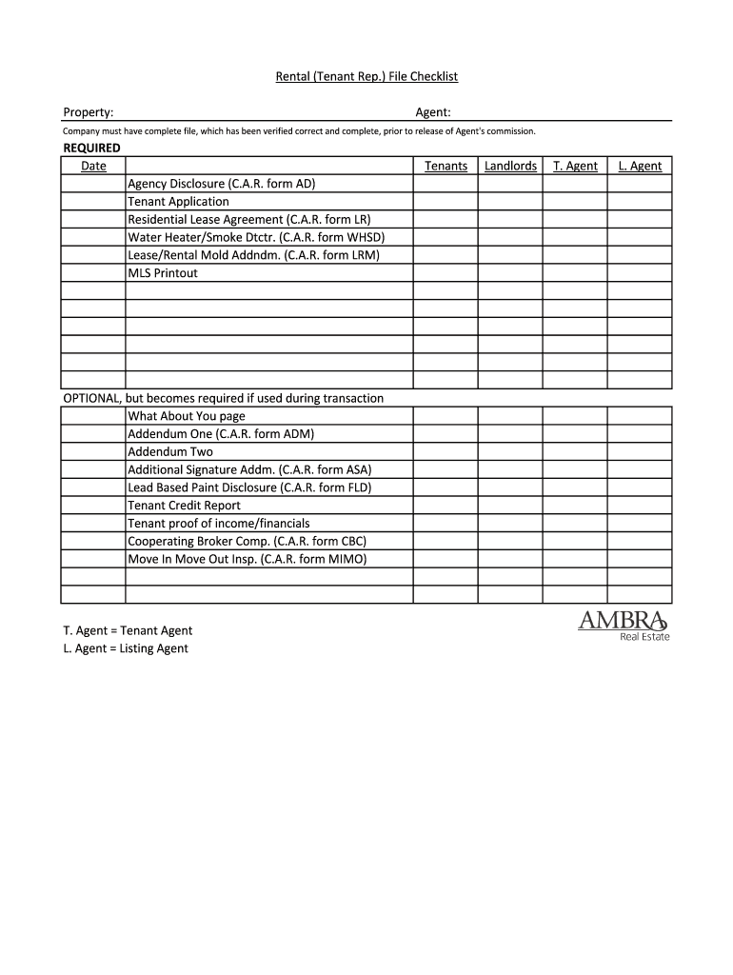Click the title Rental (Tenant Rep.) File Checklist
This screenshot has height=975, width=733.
(366, 76)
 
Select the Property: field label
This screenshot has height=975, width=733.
(89, 112)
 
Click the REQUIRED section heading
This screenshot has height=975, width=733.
(91, 148)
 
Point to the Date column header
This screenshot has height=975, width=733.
(93, 166)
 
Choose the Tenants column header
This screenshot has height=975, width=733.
(446, 166)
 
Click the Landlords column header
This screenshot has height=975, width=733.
(510, 166)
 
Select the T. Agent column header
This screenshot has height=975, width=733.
(575, 166)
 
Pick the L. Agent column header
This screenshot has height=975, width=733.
(640, 166)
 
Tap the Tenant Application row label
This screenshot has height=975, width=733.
(178, 202)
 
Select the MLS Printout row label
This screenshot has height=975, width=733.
(163, 273)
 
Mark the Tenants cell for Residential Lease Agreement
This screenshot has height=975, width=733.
(446, 219)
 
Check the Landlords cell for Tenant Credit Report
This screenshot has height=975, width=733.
(510, 506)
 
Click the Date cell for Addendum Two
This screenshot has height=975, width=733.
(93, 451)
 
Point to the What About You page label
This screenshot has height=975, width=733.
(186, 416)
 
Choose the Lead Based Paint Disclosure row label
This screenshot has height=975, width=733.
(249, 487)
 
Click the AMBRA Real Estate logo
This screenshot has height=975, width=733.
(624, 625)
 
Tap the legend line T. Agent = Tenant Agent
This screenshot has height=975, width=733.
(128, 630)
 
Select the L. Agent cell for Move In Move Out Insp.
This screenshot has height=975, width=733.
(640, 559)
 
